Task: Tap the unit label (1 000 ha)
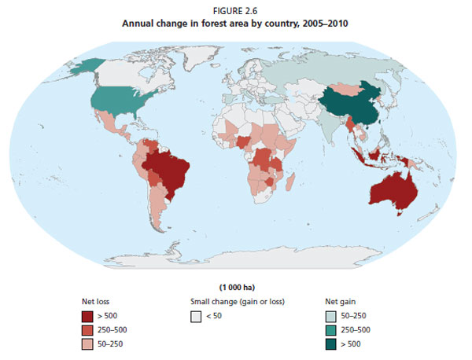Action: coord(236,287)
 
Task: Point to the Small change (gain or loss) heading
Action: coord(236,301)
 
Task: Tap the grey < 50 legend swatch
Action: coord(197,316)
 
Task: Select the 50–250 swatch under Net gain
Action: coord(332,316)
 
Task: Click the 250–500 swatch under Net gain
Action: coord(332,330)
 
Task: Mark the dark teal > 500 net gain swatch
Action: coord(332,344)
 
